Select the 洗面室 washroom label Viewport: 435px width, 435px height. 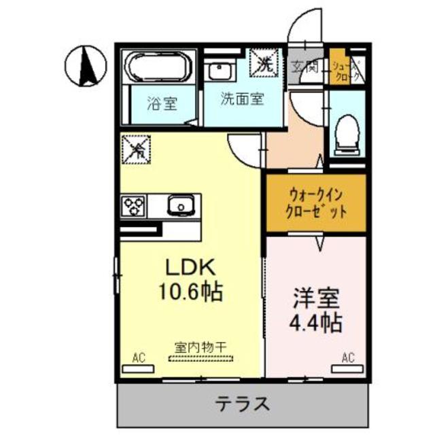point(241,99)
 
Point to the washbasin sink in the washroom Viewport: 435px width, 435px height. point(219,70)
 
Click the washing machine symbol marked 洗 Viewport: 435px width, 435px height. point(265,63)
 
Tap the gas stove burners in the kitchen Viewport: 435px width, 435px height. point(134,203)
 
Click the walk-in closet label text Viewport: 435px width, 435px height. point(315,203)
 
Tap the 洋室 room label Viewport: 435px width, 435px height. point(316,297)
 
